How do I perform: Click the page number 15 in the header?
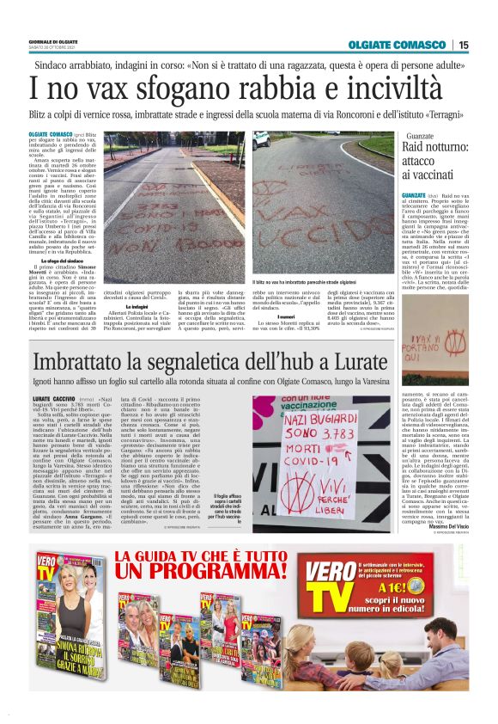pyautogui.click(x=464, y=45)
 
